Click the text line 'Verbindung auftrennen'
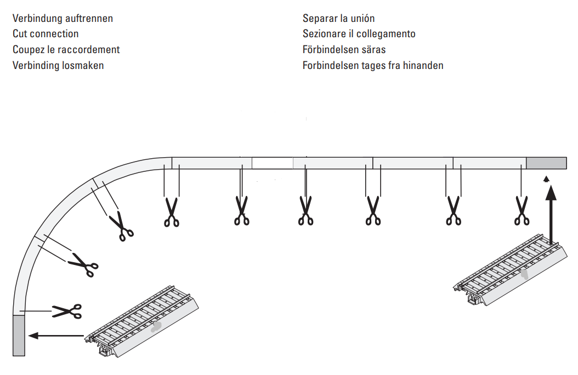tap(63, 19)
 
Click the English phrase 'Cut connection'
tap(46, 34)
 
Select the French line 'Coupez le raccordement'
tap(66, 50)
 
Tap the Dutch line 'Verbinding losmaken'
tap(58, 66)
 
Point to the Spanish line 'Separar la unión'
tap(338, 19)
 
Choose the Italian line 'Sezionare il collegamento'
tap(359, 34)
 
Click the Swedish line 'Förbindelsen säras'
tap(344, 50)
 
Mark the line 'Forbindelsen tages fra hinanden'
tap(373, 66)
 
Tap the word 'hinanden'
tap(423, 66)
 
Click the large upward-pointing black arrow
tap(551, 215)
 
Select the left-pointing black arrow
tap(56, 336)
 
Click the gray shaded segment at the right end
tap(546, 163)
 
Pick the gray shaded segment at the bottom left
tap(19, 335)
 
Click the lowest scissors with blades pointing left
tap(67, 311)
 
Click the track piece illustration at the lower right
tap(511, 269)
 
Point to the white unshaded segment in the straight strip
tap(273, 163)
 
